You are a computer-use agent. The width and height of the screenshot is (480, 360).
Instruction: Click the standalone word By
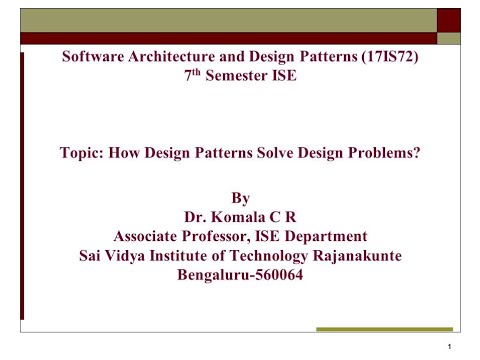tap(240, 197)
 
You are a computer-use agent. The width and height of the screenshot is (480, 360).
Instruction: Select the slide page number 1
tap(452, 347)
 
